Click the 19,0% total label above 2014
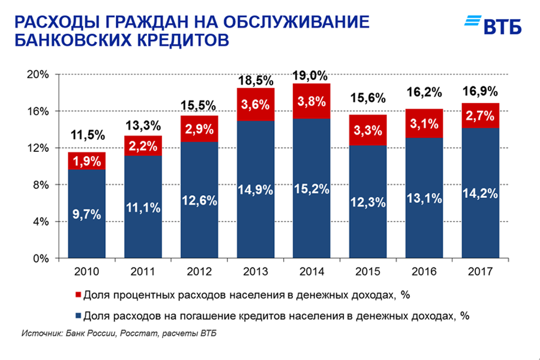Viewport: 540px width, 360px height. click(x=311, y=76)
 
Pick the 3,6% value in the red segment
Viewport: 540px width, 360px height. click(x=256, y=104)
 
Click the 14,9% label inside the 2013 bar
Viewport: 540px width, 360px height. click(x=256, y=190)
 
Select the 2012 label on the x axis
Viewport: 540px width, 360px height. click(x=199, y=272)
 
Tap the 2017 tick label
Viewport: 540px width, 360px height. click(x=480, y=272)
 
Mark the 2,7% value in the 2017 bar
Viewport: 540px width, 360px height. click(x=480, y=115)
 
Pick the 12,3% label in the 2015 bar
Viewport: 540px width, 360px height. click(x=368, y=202)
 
